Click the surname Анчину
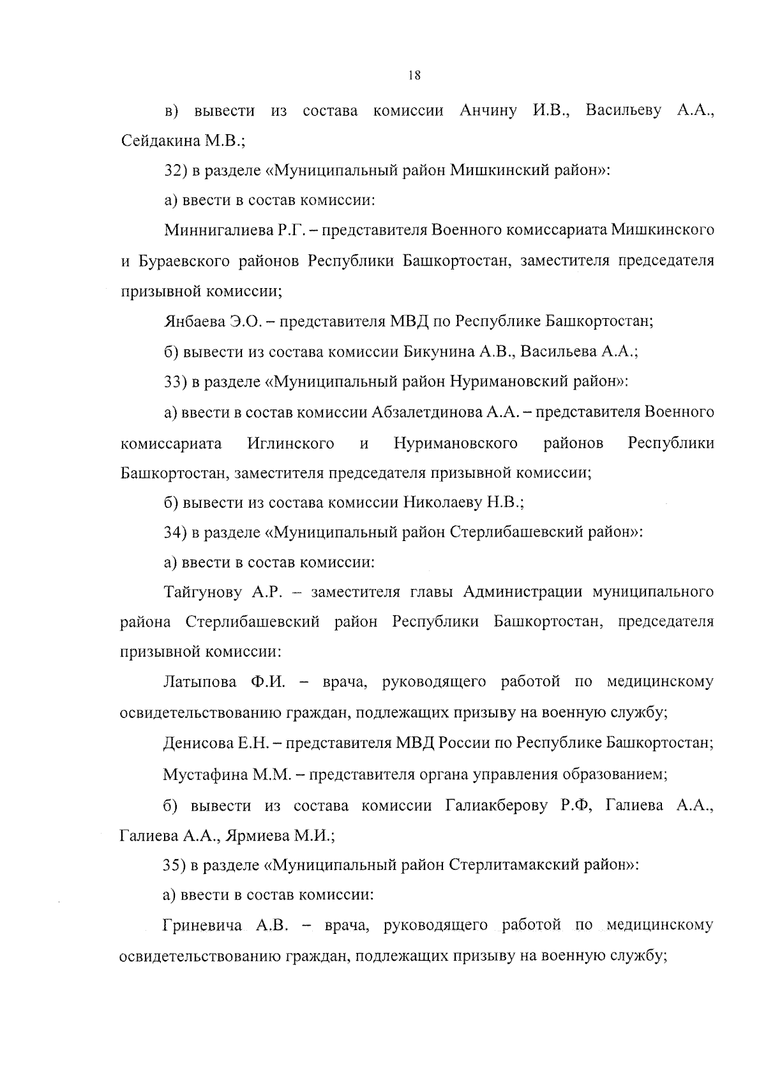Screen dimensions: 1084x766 tap(488, 110)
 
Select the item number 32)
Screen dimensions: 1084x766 tap(175, 171)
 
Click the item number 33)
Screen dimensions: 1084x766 tap(175, 382)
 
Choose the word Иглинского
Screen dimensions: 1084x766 tap(290, 443)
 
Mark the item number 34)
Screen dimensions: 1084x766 tap(175, 532)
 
